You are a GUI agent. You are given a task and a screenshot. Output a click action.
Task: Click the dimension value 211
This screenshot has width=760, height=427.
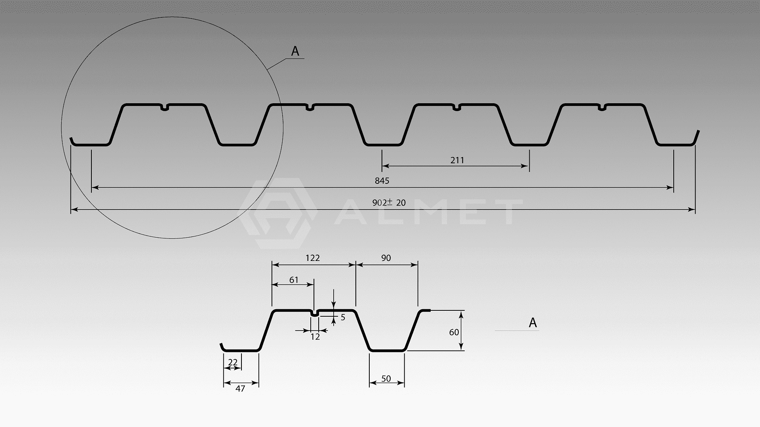[457, 160]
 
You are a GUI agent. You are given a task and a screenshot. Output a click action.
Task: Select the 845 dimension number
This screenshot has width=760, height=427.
[382, 181]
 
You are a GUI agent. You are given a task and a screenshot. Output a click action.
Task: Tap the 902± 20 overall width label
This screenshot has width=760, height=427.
[389, 202]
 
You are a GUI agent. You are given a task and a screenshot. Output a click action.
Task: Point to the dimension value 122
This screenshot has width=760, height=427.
[312, 258]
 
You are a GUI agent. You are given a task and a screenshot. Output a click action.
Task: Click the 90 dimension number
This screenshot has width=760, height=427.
[386, 258]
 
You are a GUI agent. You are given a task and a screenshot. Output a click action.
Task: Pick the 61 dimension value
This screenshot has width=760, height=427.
[294, 280]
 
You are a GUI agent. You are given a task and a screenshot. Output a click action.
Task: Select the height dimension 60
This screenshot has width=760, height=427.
[454, 332]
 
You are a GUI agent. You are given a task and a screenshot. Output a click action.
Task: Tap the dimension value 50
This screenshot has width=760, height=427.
[386, 378]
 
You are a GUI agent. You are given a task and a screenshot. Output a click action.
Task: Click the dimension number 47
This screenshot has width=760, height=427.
[240, 388]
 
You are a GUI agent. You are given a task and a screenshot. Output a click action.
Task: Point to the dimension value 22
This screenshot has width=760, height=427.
[233, 362]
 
